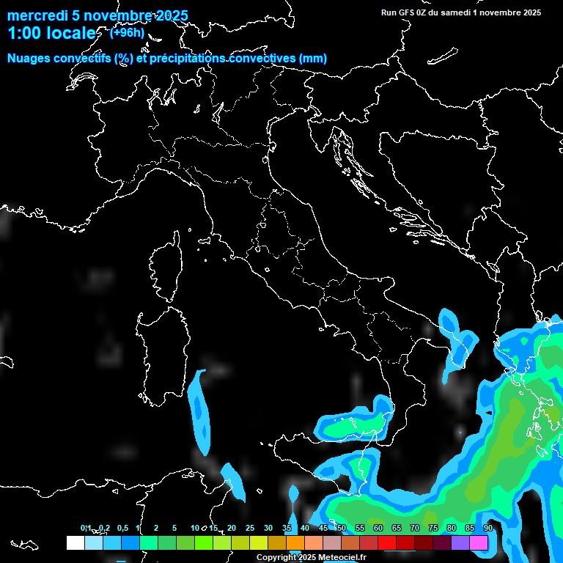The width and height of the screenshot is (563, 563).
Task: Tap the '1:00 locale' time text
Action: [51, 34]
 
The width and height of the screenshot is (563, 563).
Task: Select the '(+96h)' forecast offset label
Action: [127, 32]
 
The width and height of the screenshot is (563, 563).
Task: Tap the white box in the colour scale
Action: [75, 542]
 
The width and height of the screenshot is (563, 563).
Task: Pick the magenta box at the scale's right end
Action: [479, 542]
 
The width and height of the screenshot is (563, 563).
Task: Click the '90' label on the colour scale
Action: [487, 528]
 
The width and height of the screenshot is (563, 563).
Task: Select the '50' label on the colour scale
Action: [341, 528]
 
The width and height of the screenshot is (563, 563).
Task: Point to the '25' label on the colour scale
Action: [250, 528]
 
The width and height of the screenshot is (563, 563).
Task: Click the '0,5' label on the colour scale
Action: [122, 528]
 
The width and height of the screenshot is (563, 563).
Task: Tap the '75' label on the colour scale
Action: [433, 528]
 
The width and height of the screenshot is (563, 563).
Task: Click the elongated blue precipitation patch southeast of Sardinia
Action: [199, 411]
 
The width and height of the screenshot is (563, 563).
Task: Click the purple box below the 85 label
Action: [460, 542]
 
